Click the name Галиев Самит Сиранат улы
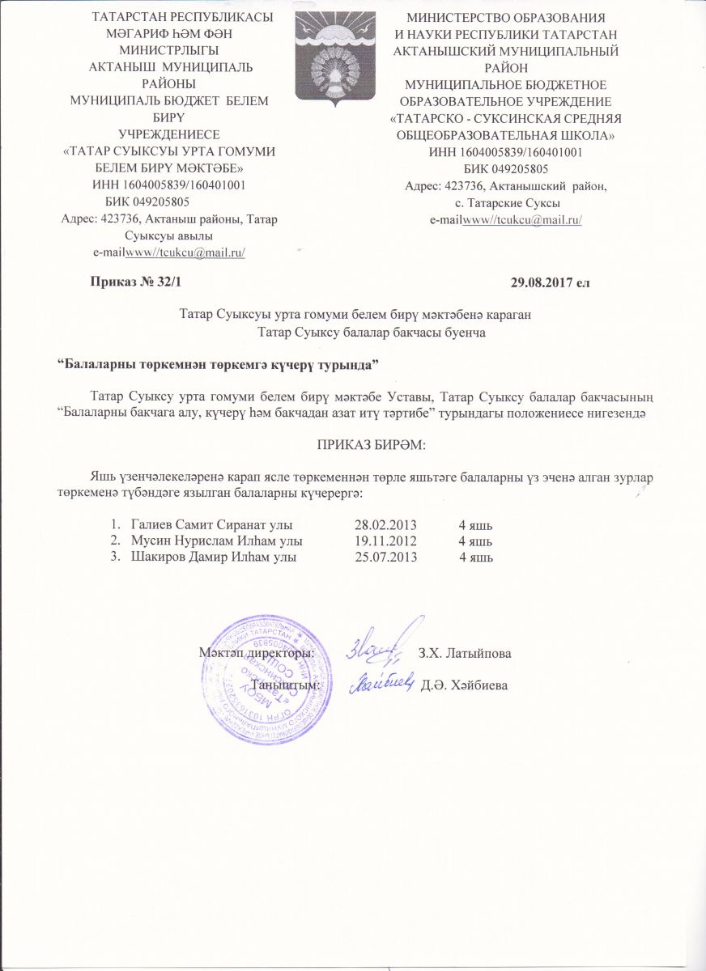pos(211,526)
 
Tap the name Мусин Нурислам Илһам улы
pos(211,541)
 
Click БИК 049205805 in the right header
pos(506,169)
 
